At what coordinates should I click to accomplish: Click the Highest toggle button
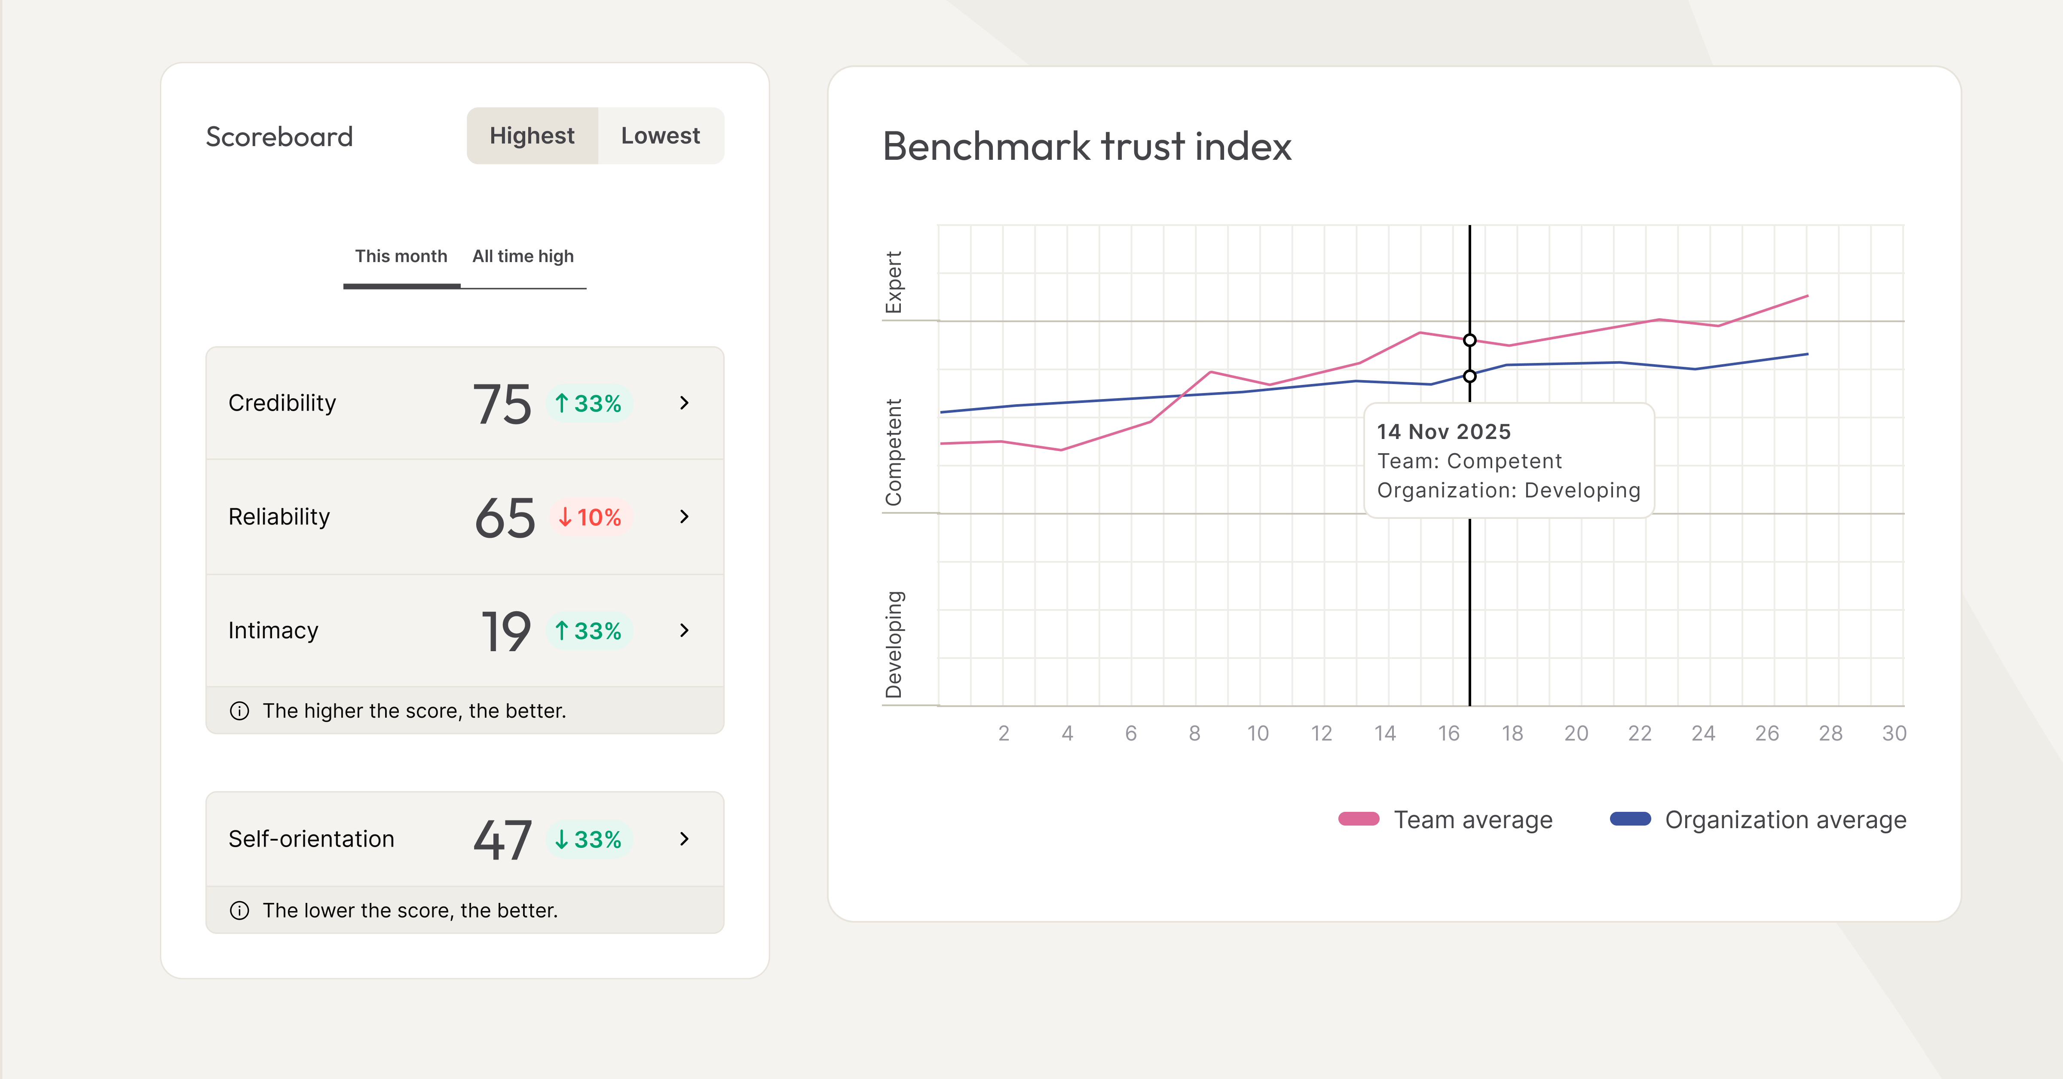coord(532,136)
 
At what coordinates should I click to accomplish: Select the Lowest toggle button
coord(660,136)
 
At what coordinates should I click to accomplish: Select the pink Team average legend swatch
coord(1358,819)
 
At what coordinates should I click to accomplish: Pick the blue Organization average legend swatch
coord(1630,819)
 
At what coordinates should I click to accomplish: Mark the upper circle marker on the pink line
coord(1469,340)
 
